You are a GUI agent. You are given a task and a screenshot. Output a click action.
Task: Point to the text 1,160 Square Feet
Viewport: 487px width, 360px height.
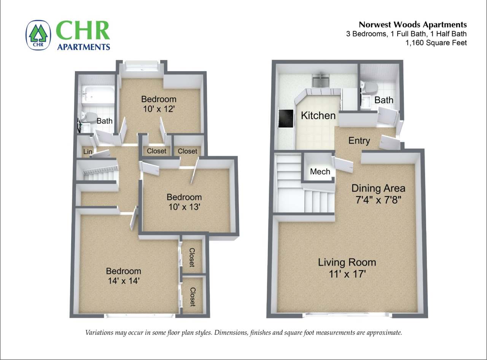tap(436, 43)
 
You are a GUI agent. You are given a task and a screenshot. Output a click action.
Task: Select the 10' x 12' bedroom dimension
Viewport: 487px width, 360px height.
tap(159, 109)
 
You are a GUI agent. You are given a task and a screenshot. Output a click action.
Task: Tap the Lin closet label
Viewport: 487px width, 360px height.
tap(88, 152)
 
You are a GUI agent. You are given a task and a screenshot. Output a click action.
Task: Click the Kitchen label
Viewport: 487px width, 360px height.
tap(318, 116)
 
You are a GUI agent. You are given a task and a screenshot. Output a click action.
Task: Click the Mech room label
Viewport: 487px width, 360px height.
tap(320, 172)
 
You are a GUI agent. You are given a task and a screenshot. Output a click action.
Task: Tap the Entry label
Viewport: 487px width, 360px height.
tap(359, 141)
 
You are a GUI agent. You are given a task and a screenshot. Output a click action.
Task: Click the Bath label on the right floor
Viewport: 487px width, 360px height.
tap(384, 100)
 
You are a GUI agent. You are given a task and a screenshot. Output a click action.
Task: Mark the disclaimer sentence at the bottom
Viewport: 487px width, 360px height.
tap(243, 333)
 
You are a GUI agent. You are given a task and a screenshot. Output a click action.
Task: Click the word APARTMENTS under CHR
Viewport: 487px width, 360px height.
tap(83, 47)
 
